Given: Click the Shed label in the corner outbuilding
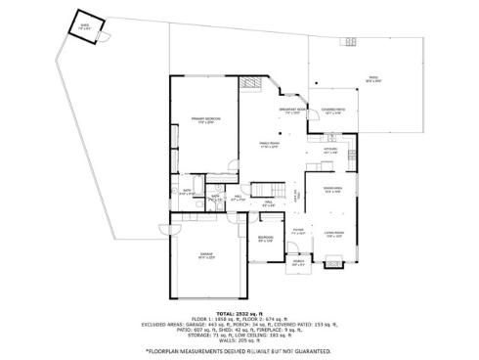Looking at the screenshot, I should coord(85,26).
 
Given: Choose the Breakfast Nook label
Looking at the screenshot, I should coord(289,110).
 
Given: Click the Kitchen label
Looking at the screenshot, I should coord(330,151).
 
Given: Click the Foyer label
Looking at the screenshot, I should coord(298,233).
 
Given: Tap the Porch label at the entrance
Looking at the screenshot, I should coord(297,262).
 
